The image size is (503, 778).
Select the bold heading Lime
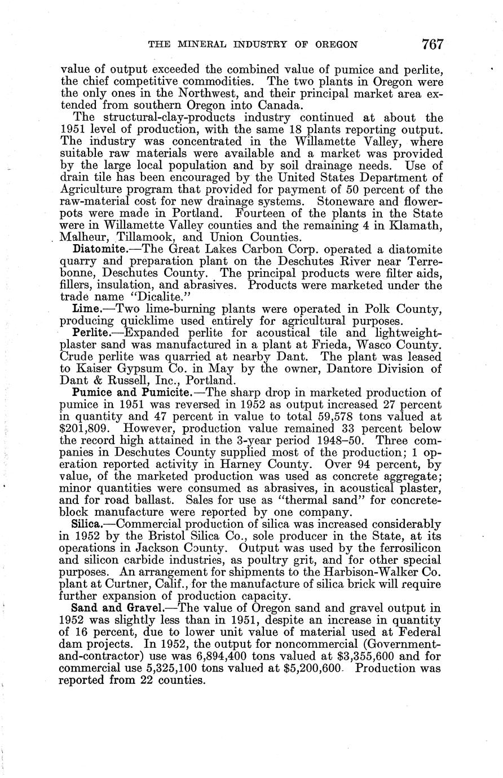point(86,309)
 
